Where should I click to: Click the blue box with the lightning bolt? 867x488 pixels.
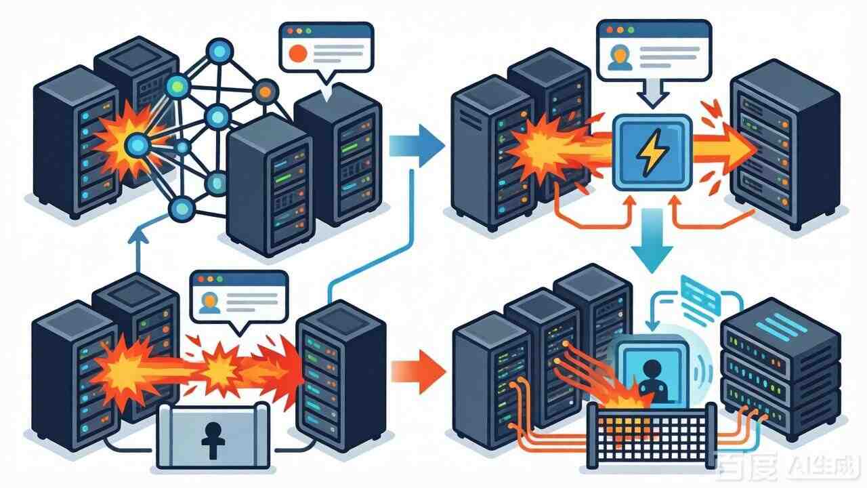pos(652,151)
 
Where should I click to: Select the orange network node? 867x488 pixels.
pos(266,91)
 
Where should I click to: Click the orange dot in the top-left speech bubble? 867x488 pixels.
pos(296,53)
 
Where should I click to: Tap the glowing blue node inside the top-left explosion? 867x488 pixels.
pos(137,144)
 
